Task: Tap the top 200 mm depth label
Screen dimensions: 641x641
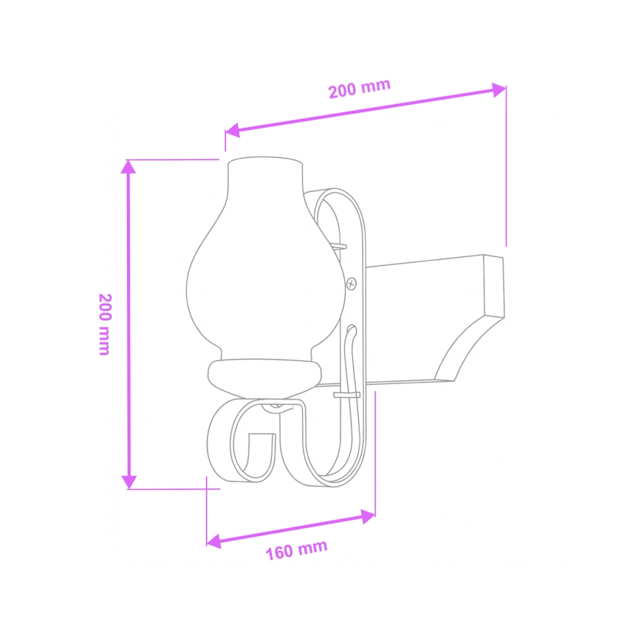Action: (359, 89)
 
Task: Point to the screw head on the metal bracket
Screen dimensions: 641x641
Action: (352, 282)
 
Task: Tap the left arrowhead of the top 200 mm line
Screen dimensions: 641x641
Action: (232, 131)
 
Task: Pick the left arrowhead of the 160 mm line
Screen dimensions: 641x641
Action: (213, 541)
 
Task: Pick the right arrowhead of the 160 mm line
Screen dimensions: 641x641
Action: (369, 515)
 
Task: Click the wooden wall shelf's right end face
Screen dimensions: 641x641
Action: (493, 285)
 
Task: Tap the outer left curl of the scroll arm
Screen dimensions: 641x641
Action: (216, 450)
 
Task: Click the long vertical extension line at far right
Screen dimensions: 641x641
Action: (506, 170)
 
